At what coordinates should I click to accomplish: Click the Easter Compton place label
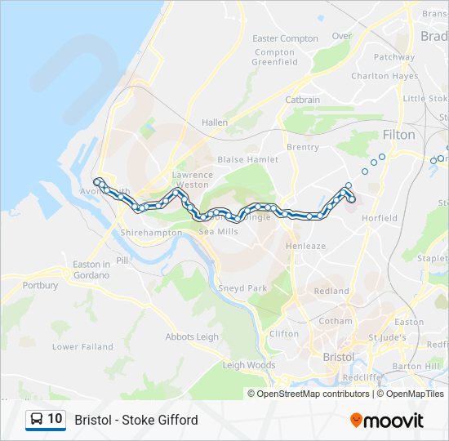click(285, 38)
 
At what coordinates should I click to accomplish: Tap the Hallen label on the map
click(215, 122)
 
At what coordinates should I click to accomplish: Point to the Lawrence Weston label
click(192, 180)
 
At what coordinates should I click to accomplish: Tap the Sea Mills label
click(218, 232)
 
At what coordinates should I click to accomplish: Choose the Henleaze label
click(305, 246)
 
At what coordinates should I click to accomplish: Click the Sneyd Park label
click(242, 288)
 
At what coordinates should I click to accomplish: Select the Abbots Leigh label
click(192, 336)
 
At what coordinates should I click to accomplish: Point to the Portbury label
click(41, 286)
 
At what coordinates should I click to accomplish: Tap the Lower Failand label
click(82, 346)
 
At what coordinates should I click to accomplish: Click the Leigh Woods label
click(249, 365)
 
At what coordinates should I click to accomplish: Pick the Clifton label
click(284, 334)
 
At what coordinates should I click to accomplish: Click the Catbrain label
click(303, 100)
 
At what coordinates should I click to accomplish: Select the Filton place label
click(398, 135)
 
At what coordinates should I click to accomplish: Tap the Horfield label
click(380, 218)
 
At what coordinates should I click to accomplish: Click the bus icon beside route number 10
click(37, 419)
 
